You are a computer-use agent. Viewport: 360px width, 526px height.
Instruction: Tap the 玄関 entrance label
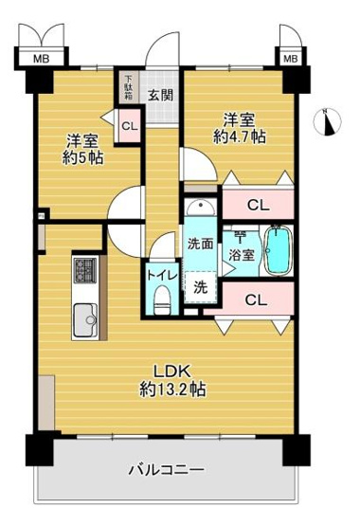159,95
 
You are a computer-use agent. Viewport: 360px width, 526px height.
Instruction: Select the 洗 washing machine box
201,286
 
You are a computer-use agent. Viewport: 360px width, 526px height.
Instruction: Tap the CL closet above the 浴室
256,203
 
